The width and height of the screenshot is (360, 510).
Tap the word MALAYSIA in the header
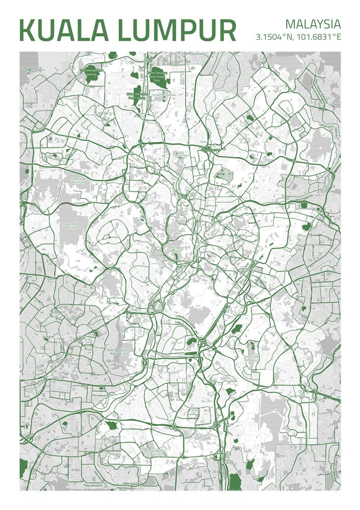pyautogui.click(x=313, y=24)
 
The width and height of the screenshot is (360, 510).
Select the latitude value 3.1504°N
pyautogui.click(x=277, y=37)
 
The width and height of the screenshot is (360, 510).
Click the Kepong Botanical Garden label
pyautogui.click(x=31, y=68)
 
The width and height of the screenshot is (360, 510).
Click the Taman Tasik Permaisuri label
pyautogui.click(x=251, y=358)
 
